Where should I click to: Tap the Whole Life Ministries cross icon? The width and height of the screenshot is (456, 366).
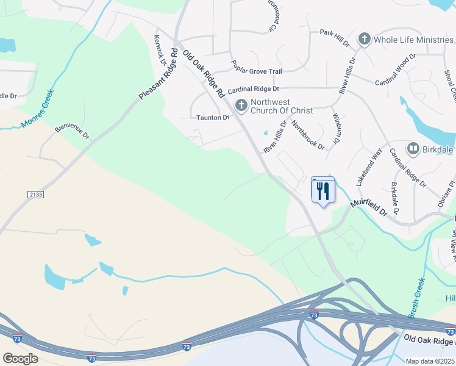click(365, 40)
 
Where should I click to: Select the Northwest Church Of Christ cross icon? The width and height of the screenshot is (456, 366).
click(241, 106)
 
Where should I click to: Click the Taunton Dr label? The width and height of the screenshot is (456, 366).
click(213, 117)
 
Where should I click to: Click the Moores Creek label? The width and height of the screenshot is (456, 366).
click(38, 110)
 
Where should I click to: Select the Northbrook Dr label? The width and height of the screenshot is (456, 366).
click(307, 134)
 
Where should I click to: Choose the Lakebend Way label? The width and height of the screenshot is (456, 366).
click(369, 166)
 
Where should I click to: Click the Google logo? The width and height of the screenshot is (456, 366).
click(20, 359)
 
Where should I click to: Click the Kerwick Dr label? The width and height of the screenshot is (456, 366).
click(160, 51)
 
